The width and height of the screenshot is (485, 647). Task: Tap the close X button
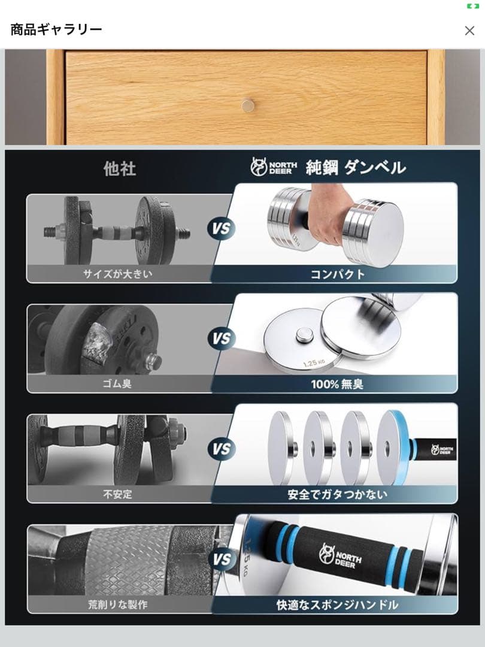pyautogui.click(x=469, y=31)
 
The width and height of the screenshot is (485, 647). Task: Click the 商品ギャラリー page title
pyautogui.click(x=56, y=30)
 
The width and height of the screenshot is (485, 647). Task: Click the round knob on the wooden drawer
pyautogui.click(x=247, y=105)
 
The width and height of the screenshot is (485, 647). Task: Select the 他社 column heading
pyautogui.click(x=120, y=169)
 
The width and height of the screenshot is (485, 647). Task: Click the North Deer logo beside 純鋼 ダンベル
pyautogui.click(x=274, y=167)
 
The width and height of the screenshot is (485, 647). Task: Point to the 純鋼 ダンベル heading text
pyautogui.click(x=356, y=168)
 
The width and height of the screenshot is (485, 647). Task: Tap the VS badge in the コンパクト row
pyautogui.click(x=222, y=228)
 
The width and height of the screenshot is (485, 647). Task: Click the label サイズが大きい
pyautogui.click(x=118, y=274)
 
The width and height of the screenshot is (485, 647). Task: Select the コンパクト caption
pyautogui.click(x=337, y=274)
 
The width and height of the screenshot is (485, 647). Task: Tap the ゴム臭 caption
pyautogui.click(x=117, y=384)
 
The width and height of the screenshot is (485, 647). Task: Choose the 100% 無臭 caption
pyautogui.click(x=337, y=385)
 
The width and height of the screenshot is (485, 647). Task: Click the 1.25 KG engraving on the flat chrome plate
pyautogui.click(x=314, y=362)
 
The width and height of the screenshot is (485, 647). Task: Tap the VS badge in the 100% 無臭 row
pyautogui.click(x=222, y=338)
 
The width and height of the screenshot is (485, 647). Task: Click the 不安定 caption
pyautogui.click(x=117, y=494)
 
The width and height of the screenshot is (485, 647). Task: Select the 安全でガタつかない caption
pyautogui.click(x=337, y=494)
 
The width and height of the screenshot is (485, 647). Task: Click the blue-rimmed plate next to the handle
pyautogui.click(x=395, y=448)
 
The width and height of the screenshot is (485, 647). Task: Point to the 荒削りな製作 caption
pyautogui.click(x=118, y=605)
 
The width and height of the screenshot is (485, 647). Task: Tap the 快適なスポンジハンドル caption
pyautogui.click(x=337, y=605)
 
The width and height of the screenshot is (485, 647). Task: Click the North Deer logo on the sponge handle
pyautogui.click(x=340, y=555)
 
